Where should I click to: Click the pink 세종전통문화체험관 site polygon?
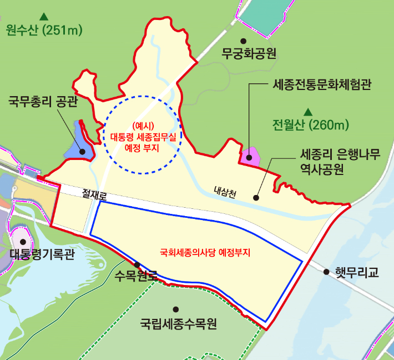[x=250, y=156]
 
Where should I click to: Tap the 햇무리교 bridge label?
[x=357, y=272]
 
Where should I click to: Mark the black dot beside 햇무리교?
[x=326, y=272]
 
